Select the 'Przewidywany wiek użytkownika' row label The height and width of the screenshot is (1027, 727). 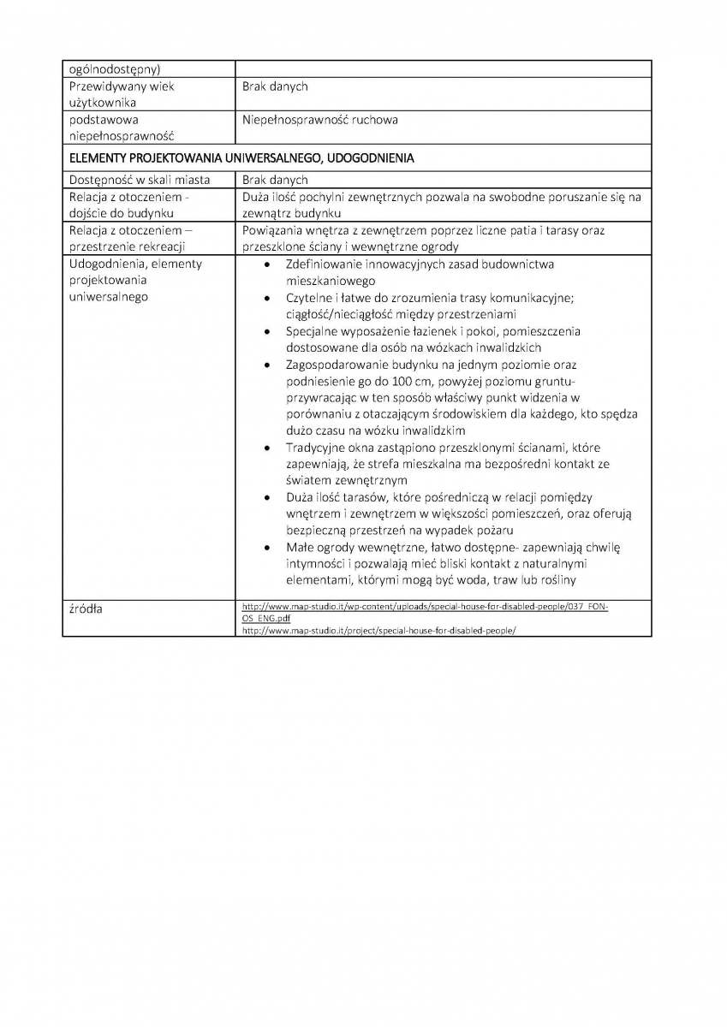(x=120, y=94)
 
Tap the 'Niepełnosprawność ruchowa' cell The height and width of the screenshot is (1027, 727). (x=319, y=120)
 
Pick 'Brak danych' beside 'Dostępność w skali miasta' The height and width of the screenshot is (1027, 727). (x=275, y=181)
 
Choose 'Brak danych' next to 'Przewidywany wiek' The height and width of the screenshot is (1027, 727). (x=275, y=86)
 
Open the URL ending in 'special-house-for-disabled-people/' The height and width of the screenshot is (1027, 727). (x=379, y=630)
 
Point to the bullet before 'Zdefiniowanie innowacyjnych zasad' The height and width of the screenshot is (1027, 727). (x=268, y=265)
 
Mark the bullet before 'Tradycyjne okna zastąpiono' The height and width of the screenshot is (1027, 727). (x=268, y=448)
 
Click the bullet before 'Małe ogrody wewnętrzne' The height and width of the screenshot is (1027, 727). (x=268, y=547)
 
